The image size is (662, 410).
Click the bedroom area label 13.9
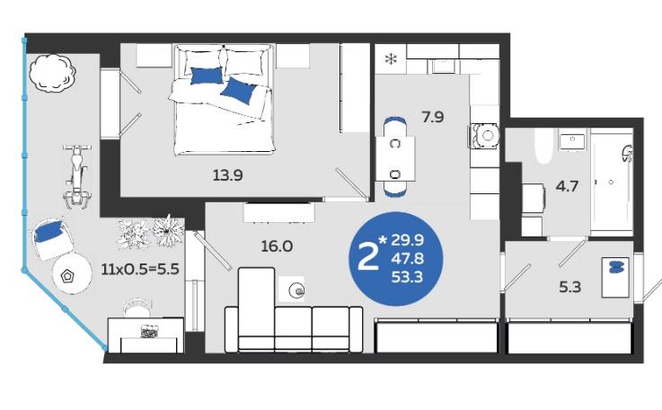pyautogui.click(x=227, y=175)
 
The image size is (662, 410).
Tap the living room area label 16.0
pyautogui.click(x=277, y=246)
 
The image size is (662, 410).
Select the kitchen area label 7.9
pyautogui.click(x=433, y=117)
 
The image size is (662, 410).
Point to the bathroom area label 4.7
pyautogui.click(x=567, y=186)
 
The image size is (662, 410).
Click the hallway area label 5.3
pyautogui.click(x=570, y=287)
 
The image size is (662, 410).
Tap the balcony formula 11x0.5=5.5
pyautogui.click(x=140, y=269)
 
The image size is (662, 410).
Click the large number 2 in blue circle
pyautogui.click(x=367, y=258)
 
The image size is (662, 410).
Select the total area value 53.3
pyautogui.click(x=407, y=277)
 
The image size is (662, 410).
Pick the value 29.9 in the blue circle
pyautogui.click(x=407, y=240)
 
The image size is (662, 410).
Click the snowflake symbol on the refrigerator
pyautogui.click(x=391, y=59)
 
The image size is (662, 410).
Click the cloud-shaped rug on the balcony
pyautogui.click(x=53, y=73)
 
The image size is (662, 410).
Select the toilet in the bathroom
pyautogui.click(x=543, y=146)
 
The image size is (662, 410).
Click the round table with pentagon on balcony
pyautogui.click(x=72, y=274)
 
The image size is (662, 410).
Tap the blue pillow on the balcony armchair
pyautogui.click(x=49, y=232)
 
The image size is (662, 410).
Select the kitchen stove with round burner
pyautogui.click(x=484, y=136)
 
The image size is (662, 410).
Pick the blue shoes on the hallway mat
pyautogui.click(x=617, y=267)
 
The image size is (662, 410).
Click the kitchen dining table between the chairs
pyautogui.click(x=395, y=159)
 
